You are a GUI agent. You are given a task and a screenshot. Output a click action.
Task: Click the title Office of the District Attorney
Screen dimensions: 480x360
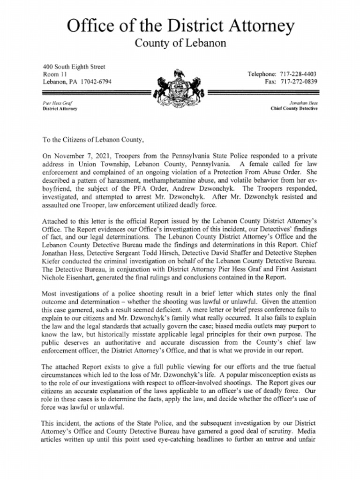click(x=180, y=26)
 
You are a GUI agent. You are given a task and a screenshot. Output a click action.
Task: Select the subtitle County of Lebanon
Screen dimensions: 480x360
click(x=180, y=44)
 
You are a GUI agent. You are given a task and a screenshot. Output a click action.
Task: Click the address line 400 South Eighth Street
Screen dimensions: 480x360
click(x=74, y=67)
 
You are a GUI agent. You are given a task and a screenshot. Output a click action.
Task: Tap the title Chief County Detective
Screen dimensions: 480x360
click(x=294, y=108)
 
